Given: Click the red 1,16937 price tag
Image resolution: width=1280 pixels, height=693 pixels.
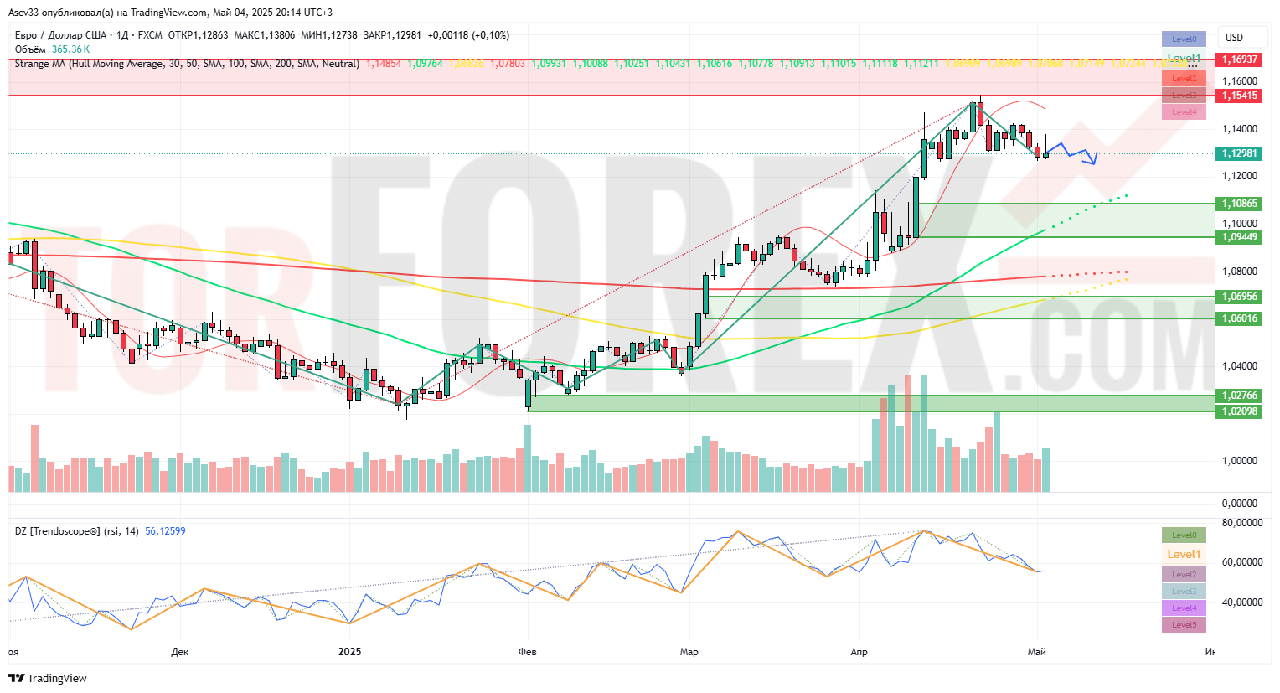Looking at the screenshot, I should [1239, 59].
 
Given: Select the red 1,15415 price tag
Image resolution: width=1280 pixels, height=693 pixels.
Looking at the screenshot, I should [1239, 96].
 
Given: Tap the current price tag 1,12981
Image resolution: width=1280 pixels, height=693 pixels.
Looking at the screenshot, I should [1239, 153].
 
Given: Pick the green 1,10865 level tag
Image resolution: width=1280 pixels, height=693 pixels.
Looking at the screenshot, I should [1239, 204].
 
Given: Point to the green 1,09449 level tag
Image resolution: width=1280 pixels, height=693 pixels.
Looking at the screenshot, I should [1239, 237].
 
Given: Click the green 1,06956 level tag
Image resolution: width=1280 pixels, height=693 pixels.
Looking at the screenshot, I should [1239, 297].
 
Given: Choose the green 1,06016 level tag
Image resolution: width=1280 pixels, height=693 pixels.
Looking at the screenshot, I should [1239, 318].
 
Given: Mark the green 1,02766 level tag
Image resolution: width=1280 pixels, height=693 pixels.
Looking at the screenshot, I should [1239, 396].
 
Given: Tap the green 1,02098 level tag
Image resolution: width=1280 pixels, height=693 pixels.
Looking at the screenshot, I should [1239, 411].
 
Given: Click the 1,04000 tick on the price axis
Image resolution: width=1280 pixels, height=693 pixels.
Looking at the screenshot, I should [1239, 366].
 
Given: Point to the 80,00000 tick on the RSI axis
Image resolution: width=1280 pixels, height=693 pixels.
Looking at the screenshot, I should [1241, 523].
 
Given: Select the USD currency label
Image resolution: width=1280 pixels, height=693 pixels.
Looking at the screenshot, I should [1234, 38].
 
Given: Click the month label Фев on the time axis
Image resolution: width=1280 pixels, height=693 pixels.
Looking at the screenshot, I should [528, 652].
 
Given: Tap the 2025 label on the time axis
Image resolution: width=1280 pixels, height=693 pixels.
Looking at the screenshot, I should [349, 652].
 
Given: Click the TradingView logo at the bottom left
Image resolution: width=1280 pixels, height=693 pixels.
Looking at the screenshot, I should [49, 678].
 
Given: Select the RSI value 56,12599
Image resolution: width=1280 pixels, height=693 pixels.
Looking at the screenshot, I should [165, 531].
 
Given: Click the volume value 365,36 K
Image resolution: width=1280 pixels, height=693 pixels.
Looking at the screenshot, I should [70, 49].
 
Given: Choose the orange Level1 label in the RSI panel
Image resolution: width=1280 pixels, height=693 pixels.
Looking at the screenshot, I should [1184, 554].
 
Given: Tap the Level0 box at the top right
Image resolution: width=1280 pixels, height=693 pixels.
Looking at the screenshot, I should [1184, 39].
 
